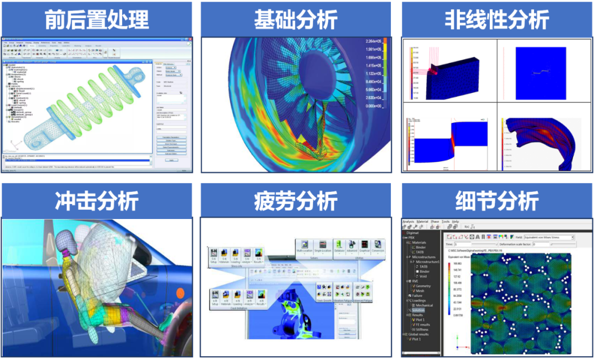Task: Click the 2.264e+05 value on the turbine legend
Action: [373, 41]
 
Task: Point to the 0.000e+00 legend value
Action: [373, 106]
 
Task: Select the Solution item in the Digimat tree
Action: [418, 310]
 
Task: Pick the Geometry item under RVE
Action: [423, 286]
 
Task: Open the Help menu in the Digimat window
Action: [455, 221]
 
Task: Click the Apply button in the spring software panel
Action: [171, 160]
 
